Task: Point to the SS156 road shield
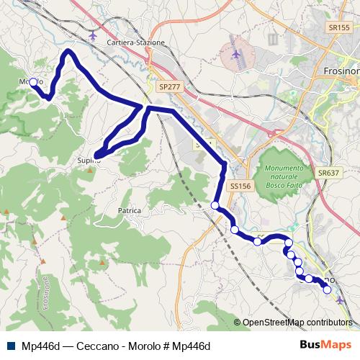point(240,186)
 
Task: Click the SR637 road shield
point(328,173)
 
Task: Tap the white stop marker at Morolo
point(33,82)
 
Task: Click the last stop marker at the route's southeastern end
point(328,289)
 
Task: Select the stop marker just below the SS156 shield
point(215,206)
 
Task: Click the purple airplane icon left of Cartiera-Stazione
point(93,34)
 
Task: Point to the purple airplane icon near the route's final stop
point(340,299)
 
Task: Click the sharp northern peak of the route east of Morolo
point(68,52)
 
